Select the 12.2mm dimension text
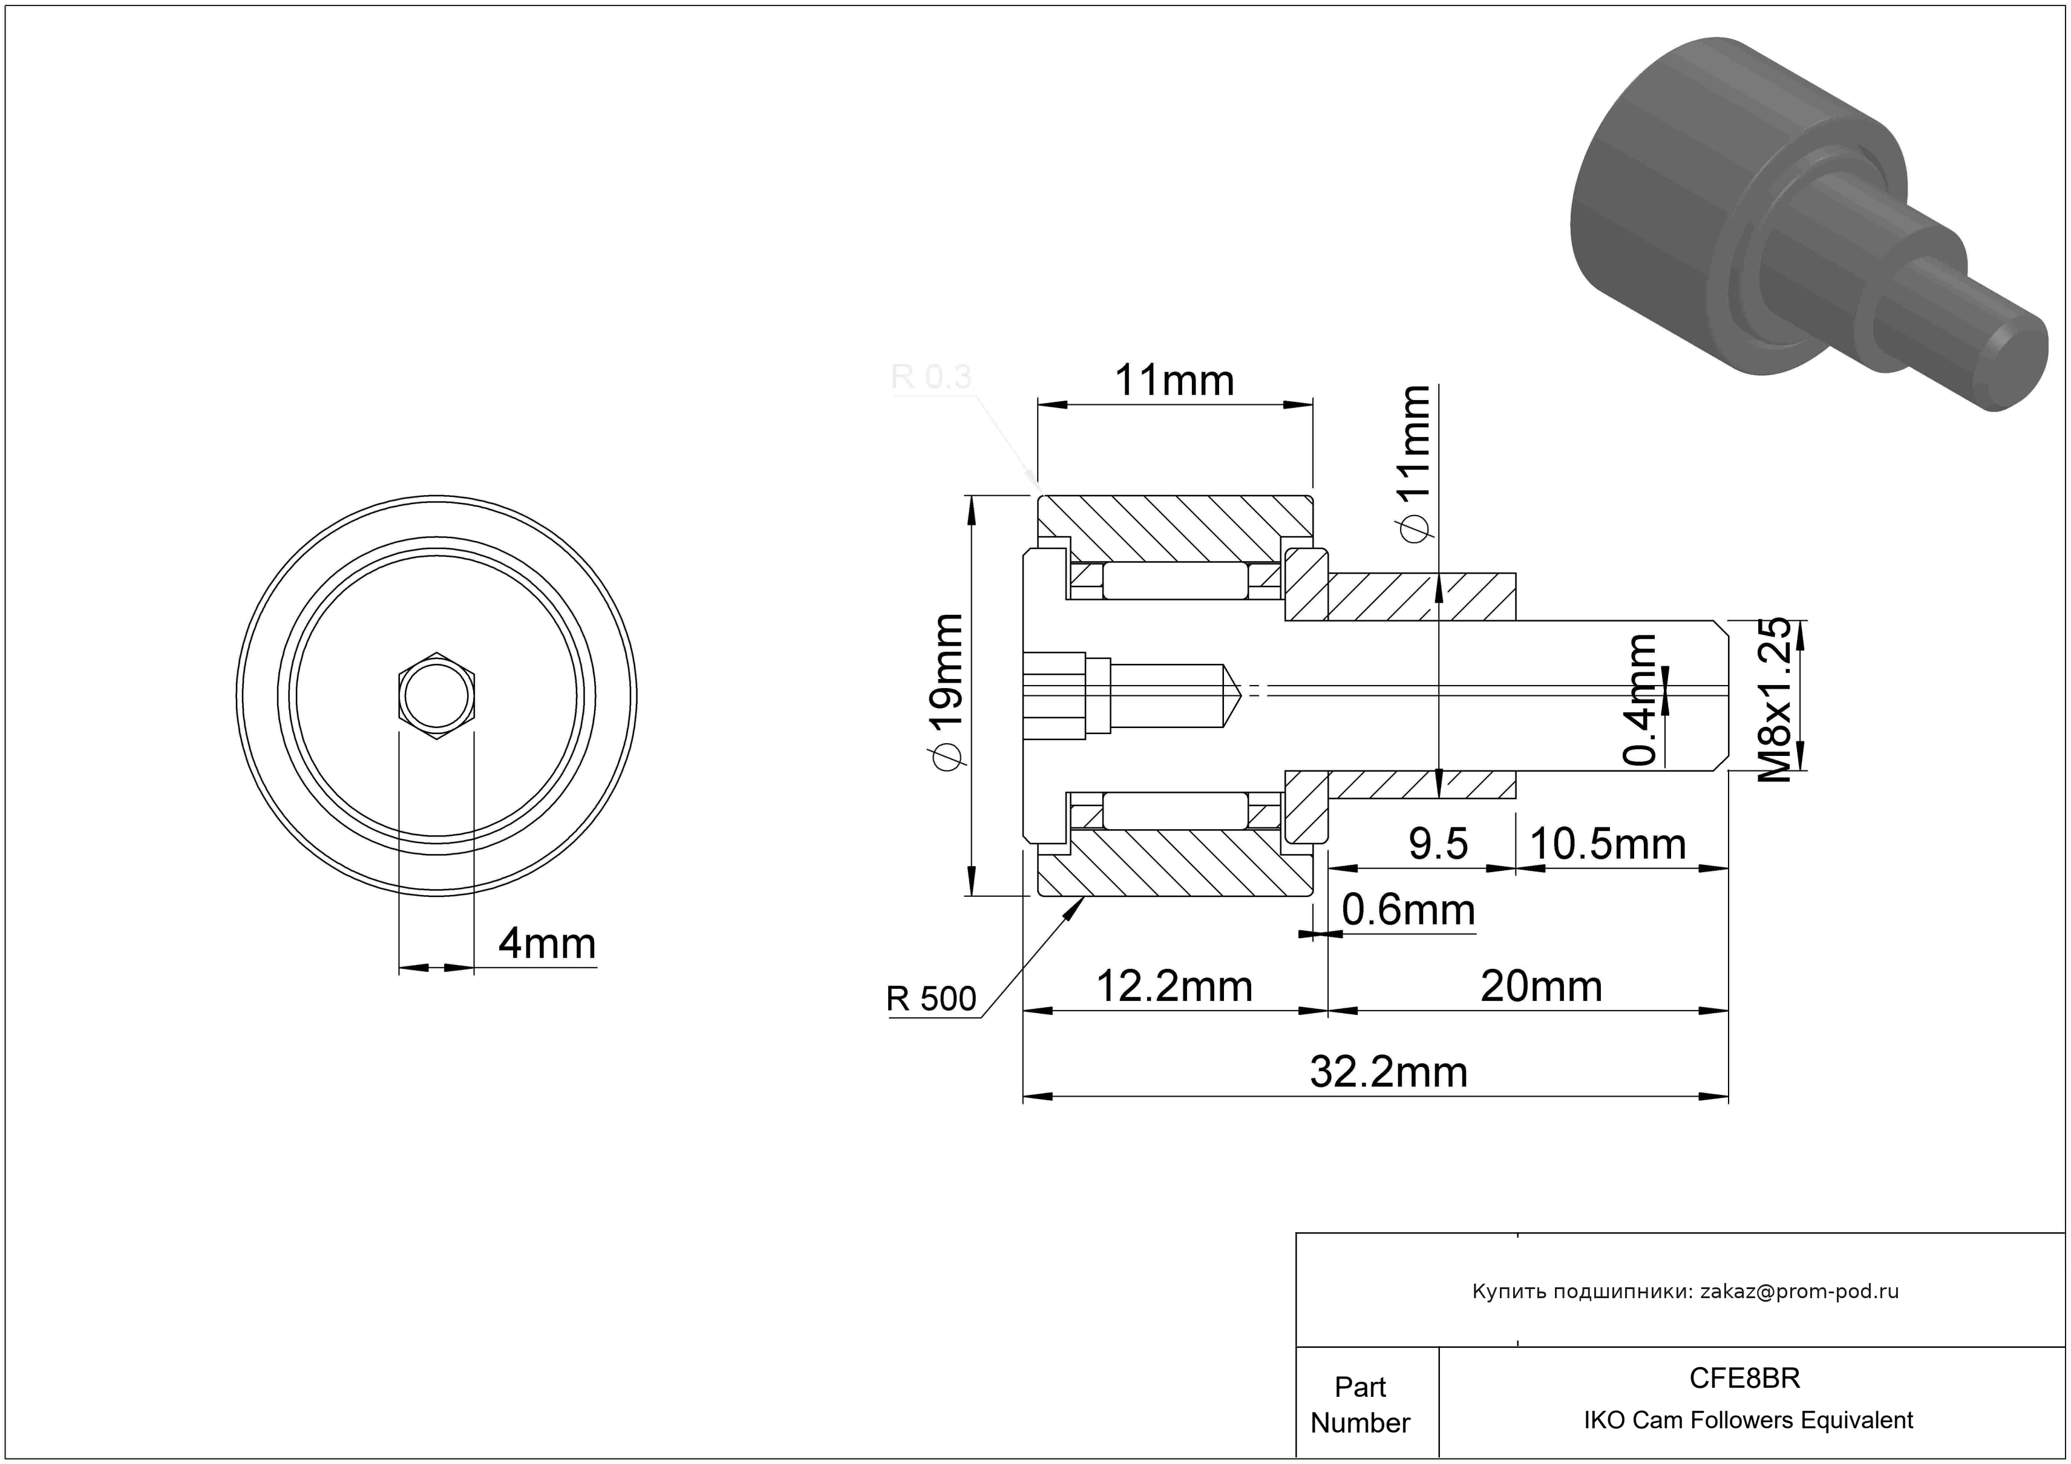click(1174, 987)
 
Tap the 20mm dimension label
click(1542, 987)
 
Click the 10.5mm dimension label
click(1608, 844)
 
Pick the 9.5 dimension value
click(1439, 844)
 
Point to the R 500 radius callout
click(931, 999)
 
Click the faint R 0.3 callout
click(931, 376)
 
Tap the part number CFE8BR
click(1744, 1378)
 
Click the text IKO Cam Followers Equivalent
click(1748, 1420)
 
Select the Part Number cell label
click(1360, 1405)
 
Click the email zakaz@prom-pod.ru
click(1799, 1291)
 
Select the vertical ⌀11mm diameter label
click(1413, 465)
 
